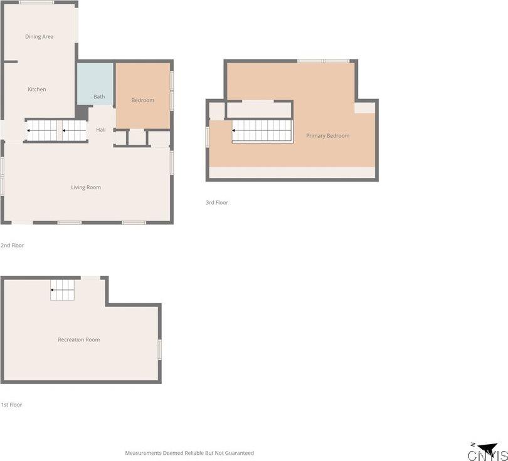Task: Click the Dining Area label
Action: (x=40, y=36)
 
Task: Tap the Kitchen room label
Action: (x=36, y=90)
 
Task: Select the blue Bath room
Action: (x=95, y=84)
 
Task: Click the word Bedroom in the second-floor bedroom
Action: (x=142, y=100)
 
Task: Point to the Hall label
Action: (x=101, y=130)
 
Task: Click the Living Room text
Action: (x=86, y=187)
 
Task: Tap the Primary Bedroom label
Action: (x=328, y=136)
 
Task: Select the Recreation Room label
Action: (x=79, y=339)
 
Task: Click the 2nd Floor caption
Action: (x=13, y=246)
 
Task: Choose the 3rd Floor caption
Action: (x=217, y=202)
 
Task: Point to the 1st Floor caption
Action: (x=12, y=405)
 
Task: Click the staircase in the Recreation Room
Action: (x=62, y=290)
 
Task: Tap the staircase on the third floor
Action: (x=262, y=131)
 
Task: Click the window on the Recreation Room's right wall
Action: (x=159, y=350)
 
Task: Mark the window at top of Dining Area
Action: (x=36, y=3)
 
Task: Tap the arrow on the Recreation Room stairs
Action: (x=62, y=290)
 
